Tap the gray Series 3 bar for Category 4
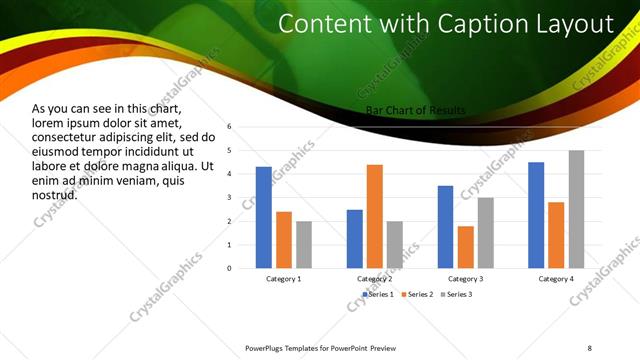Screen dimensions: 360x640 click(x=577, y=209)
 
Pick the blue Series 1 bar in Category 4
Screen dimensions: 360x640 click(x=536, y=215)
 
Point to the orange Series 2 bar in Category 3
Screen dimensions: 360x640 click(x=466, y=247)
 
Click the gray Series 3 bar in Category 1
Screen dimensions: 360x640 click(x=304, y=244)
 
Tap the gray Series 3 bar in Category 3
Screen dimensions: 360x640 click(x=486, y=232)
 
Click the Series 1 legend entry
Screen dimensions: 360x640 click(x=380, y=294)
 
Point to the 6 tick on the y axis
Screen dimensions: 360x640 click(x=229, y=127)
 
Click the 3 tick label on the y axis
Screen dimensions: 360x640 click(x=229, y=198)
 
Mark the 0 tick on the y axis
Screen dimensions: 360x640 click(x=229, y=268)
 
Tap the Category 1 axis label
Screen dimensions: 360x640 click(x=284, y=278)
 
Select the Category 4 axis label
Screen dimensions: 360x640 click(x=556, y=278)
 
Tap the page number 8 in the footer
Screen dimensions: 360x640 click(x=590, y=347)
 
